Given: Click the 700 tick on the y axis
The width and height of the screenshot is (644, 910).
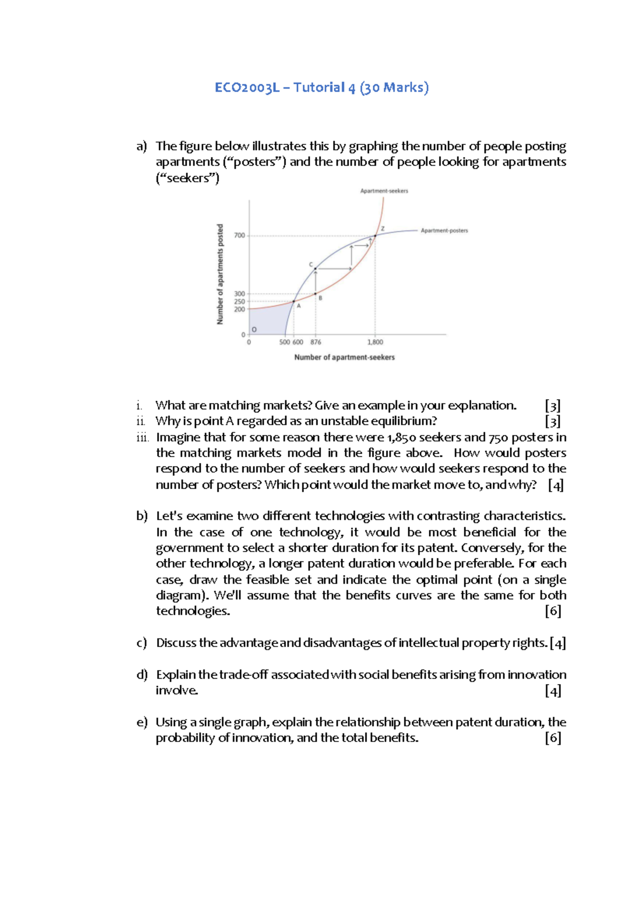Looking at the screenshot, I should [239, 236].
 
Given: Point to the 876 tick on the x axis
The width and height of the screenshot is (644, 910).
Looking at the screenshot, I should [316, 342].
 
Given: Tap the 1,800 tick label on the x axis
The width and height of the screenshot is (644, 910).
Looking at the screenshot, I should [375, 342].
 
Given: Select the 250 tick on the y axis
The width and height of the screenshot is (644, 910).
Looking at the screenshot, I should [239, 302].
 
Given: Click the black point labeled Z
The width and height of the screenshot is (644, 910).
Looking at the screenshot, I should [375, 236].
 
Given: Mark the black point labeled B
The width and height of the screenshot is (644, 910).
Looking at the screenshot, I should [316, 293].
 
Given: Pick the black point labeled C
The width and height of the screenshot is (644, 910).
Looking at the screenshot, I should [316, 268].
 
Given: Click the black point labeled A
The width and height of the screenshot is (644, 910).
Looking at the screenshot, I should [294, 302].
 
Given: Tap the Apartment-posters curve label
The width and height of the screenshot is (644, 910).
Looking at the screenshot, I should [444, 231].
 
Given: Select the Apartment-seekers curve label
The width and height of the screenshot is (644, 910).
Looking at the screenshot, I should [384, 191].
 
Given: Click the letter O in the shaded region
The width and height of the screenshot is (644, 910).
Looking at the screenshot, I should [254, 329].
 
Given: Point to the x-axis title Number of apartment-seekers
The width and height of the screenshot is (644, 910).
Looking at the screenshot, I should [344, 357].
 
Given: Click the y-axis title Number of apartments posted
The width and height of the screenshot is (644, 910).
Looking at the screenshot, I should [220, 274].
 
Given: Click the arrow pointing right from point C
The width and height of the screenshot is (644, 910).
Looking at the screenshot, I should [334, 268].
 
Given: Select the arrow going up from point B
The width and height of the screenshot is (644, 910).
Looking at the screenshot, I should [316, 281].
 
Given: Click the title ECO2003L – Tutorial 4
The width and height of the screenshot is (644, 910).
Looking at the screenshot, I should [321, 87].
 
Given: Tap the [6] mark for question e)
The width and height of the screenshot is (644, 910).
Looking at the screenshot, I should [553, 738].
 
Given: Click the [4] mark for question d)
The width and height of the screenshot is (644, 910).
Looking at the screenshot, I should [553, 691].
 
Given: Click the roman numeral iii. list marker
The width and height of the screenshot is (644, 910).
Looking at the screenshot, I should [142, 437].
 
